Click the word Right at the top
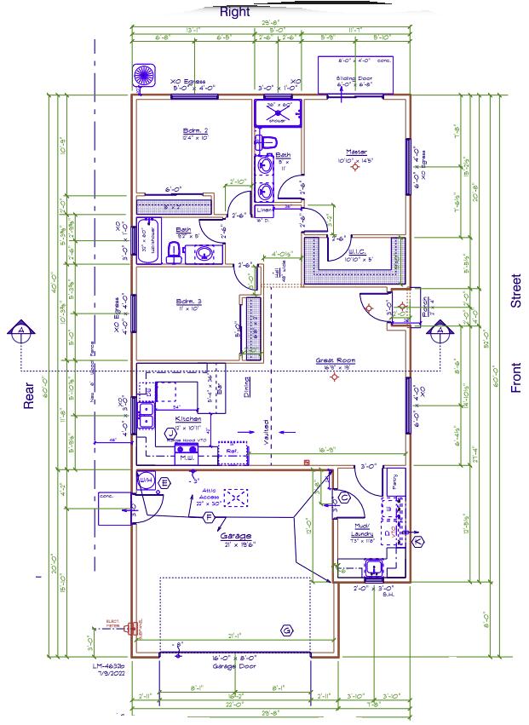click(x=234, y=12)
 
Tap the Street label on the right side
click(x=515, y=291)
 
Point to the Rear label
click(x=28, y=400)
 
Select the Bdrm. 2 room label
click(x=196, y=131)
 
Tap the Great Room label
click(x=335, y=361)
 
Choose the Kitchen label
click(x=188, y=419)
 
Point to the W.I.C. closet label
click(x=356, y=250)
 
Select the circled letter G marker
click(x=287, y=630)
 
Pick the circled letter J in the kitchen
click(x=169, y=433)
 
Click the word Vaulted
click(x=267, y=433)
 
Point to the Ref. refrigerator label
click(x=231, y=452)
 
